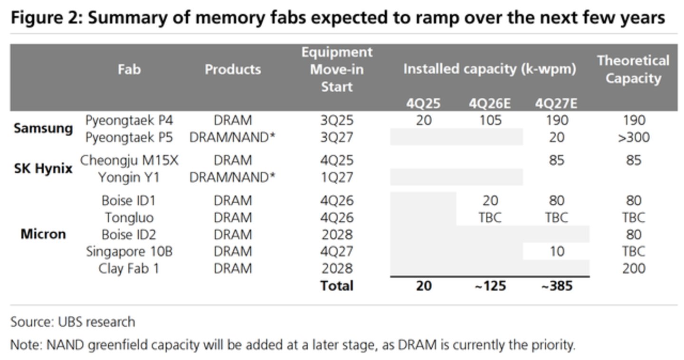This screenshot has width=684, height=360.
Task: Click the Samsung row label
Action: [x=43, y=128]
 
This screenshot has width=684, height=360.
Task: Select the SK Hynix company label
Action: [x=43, y=168]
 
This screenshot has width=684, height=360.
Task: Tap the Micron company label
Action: [x=43, y=234]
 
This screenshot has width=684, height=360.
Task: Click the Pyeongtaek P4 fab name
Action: [x=129, y=120]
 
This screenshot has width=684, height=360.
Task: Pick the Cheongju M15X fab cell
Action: [x=129, y=161]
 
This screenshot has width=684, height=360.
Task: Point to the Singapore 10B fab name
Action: [x=129, y=252]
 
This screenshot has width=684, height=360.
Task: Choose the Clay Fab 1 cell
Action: [x=129, y=269]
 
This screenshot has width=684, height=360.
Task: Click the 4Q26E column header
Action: [x=490, y=104]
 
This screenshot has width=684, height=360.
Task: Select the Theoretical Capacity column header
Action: [x=633, y=70]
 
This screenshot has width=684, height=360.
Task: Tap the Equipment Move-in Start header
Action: [x=337, y=70]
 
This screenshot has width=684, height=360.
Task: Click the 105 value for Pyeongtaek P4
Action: [x=490, y=120]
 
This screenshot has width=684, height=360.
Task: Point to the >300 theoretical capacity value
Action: [x=634, y=137]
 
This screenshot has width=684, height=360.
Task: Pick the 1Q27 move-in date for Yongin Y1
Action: [x=337, y=178]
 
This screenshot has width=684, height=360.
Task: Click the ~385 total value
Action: [x=557, y=286]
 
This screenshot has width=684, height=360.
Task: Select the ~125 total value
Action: [x=490, y=286]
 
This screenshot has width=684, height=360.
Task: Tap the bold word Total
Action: [x=337, y=286]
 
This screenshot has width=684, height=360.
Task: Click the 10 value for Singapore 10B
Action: [x=557, y=252]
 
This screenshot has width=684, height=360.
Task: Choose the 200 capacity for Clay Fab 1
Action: [x=634, y=269]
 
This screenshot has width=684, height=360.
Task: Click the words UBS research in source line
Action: [x=96, y=322]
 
